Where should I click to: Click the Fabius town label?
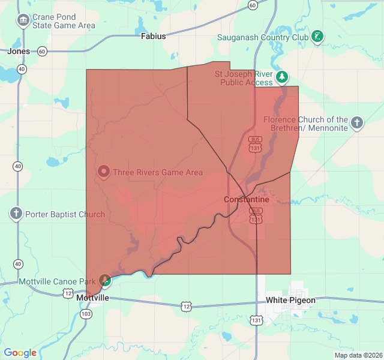point(153,36)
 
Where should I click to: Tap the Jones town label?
point(18,52)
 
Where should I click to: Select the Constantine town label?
point(246,199)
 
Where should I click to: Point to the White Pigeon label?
point(290,300)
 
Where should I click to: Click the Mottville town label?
point(93,298)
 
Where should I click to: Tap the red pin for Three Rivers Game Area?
point(103,172)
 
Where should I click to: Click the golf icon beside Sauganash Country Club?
point(317,37)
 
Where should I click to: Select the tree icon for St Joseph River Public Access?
point(282,77)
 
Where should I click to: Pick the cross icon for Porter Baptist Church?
point(16,214)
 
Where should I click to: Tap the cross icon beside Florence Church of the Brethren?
point(357,124)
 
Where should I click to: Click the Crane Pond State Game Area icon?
point(23,21)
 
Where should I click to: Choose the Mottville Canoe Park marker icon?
point(105,280)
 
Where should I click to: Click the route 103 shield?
point(86,314)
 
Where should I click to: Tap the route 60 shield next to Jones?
point(42,52)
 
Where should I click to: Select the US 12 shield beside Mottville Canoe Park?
point(67,293)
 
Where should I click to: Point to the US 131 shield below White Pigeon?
point(257,321)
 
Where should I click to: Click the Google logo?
point(20,353)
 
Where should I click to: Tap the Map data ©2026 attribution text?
point(358,355)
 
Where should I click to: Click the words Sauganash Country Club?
point(262,37)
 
